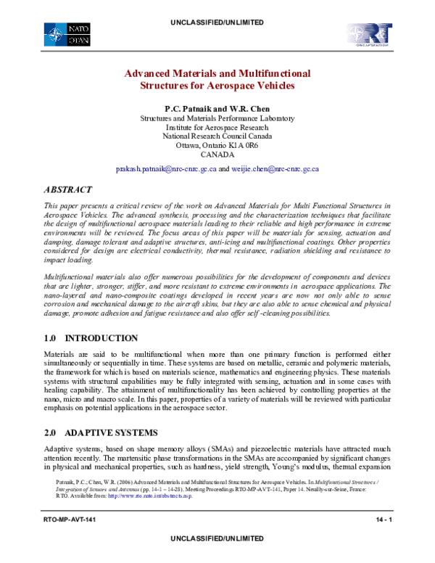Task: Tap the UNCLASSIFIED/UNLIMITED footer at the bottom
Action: [217, 555]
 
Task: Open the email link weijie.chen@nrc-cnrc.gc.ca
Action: [275, 168]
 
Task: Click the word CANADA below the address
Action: [217, 154]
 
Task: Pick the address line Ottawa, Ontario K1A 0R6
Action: [217, 144]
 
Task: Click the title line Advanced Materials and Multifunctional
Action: [217, 73]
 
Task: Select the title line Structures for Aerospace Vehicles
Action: [217, 86]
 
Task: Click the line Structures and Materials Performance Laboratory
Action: [217, 117]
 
